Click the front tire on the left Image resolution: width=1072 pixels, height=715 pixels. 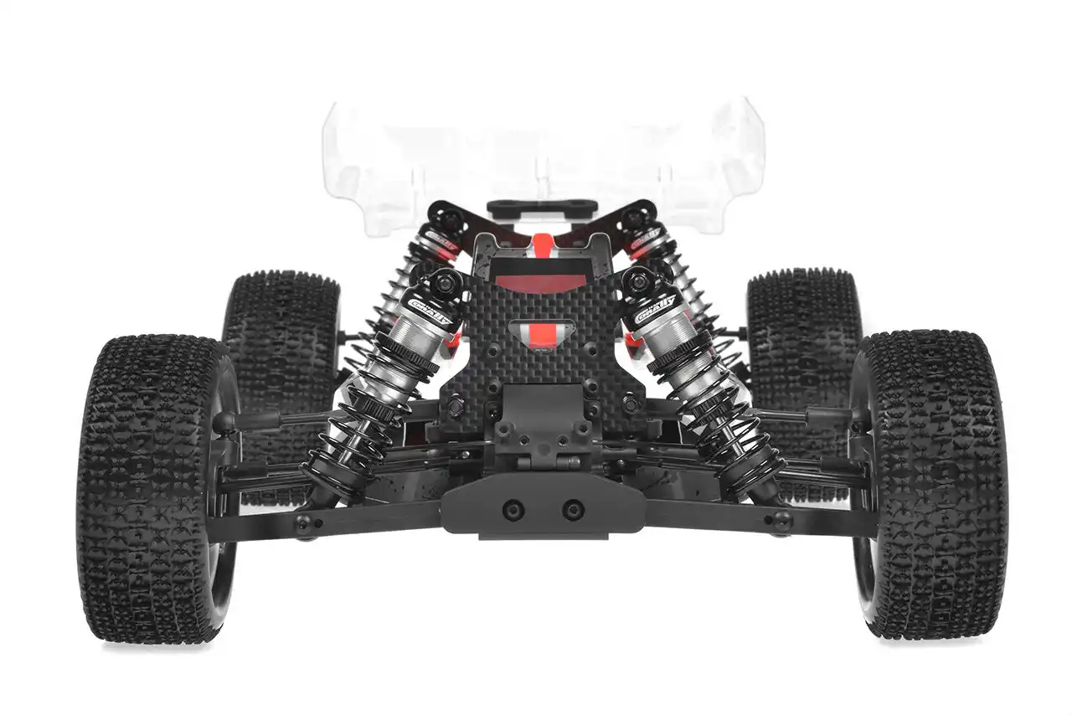tap(155, 490)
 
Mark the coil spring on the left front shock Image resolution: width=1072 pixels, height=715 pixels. tap(356, 427)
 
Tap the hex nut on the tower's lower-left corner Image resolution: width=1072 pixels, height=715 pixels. tap(456, 406)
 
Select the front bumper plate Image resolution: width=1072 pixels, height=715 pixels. tap(543, 502)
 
